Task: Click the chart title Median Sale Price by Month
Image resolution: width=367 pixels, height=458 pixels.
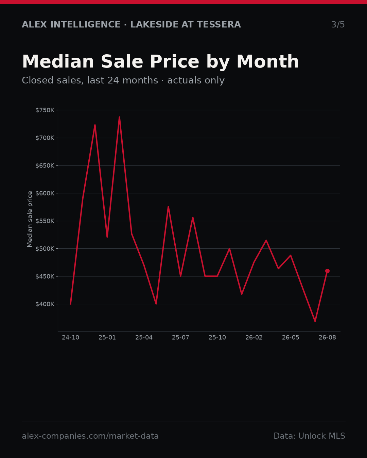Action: (160, 62)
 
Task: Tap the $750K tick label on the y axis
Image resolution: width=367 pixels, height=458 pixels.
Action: (45, 110)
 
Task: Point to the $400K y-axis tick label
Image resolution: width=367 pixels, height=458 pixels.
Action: (45, 304)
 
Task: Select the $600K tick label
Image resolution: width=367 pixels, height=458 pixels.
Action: (45, 193)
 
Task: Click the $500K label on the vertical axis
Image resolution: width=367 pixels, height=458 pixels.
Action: (45, 249)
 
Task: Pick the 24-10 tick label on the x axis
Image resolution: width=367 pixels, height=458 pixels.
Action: (71, 337)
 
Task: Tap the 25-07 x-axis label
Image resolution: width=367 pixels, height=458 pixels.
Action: (181, 337)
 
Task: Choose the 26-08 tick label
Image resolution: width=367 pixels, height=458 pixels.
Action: (327, 337)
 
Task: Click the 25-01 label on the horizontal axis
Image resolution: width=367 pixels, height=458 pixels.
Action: (107, 337)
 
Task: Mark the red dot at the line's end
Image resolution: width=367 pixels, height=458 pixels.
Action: (327, 271)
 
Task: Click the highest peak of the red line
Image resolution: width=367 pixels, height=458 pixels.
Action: (119, 117)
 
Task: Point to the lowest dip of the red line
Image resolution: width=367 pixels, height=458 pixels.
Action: (315, 321)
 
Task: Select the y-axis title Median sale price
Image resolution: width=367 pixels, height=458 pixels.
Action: (30, 219)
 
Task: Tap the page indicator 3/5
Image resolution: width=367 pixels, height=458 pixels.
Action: (338, 24)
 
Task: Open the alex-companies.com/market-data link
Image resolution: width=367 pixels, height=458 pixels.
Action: (90, 436)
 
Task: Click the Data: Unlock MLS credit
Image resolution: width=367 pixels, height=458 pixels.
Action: (310, 436)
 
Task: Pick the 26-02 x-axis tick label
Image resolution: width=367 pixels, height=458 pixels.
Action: (254, 337)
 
